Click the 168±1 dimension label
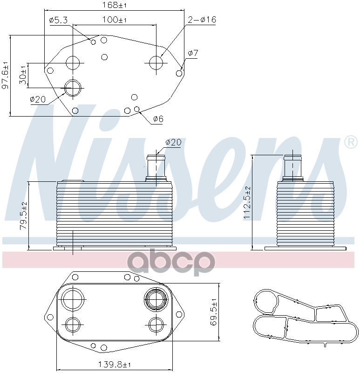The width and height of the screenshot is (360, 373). coord(114,5)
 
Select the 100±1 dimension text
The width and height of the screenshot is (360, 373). coord(114,20)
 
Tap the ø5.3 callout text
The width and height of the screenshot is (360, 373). coord(59,20)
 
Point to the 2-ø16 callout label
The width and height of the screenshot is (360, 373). coord(202,20)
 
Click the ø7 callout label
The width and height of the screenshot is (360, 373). coord(193,53)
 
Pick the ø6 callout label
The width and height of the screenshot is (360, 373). coord(158,118)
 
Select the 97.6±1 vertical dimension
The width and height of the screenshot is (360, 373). coord(5,75)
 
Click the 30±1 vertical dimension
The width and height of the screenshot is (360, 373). coord(23,75)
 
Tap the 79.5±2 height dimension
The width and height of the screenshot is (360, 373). coord(24,216)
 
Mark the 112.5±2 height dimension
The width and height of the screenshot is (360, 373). coord(247,202)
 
